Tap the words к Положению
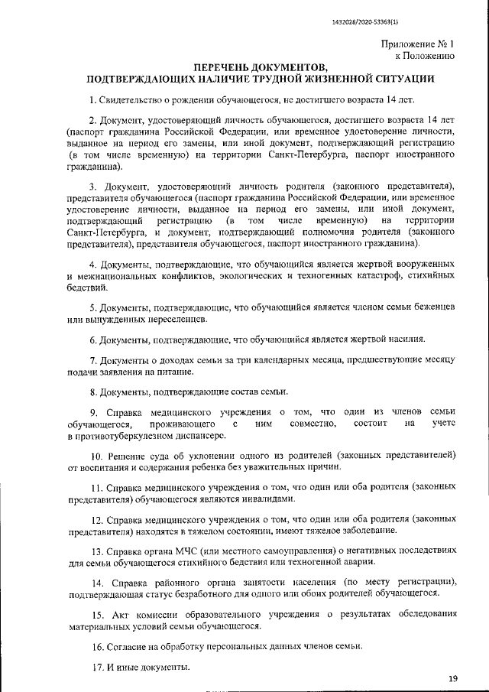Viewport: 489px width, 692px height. [425, 56]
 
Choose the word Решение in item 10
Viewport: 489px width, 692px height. [128, 455]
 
